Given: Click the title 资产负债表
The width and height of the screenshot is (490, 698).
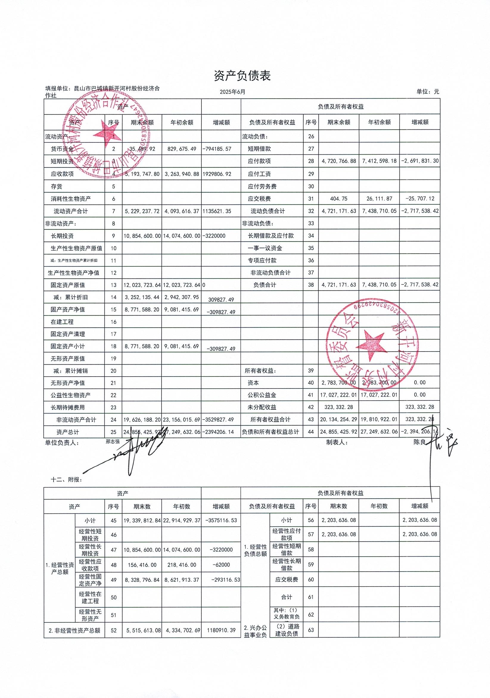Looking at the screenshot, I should pos(242,76).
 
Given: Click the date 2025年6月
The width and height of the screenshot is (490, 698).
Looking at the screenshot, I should pos(233,92).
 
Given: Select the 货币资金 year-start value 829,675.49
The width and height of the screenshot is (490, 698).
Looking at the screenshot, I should pos(182,149).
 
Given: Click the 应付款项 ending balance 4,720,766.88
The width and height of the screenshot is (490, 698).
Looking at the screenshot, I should pos(339,161).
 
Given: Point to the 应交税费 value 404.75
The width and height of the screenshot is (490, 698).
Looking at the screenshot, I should pos(339,199).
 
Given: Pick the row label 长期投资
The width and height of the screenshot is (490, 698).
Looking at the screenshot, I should pos(62,236).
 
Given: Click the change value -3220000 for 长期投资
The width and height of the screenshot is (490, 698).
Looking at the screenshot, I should pos(214,236).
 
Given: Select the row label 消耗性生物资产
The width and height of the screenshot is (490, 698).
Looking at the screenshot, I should pos(71,199).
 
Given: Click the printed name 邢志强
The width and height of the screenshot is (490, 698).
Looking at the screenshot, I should pos(113,442).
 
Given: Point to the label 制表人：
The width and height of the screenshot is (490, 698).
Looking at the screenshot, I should pos(337,442).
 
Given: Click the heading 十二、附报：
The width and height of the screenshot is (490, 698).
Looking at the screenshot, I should pos(66,479).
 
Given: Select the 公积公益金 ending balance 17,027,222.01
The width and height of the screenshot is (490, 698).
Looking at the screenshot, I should pos(339,395).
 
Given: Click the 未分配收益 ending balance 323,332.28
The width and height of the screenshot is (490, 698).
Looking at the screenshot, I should pos(339,407).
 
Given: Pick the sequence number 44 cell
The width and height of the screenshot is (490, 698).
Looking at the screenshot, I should pos(311,432).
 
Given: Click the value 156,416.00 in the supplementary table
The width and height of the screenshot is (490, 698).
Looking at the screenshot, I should pos(142,565).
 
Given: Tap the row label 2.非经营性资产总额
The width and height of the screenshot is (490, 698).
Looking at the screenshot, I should pos(74,631).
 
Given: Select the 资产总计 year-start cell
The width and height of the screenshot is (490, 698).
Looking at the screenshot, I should pos(182,432).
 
